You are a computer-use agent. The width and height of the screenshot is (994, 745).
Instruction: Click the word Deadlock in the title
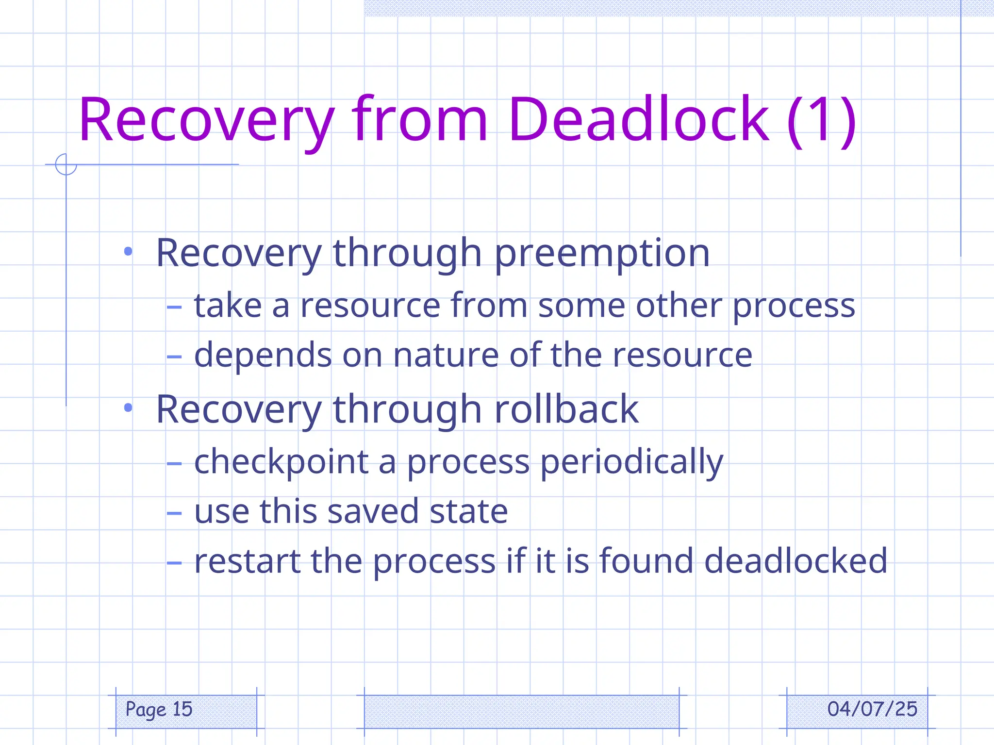click(638, 120)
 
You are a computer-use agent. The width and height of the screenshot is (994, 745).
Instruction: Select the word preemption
click(602, 254)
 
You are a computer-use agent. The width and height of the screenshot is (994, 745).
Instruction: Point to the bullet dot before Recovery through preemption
click(128, 251)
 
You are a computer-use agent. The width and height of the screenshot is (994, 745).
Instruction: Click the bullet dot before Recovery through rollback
click(128, 408)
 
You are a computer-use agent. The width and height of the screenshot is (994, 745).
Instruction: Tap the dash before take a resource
click(174, 307)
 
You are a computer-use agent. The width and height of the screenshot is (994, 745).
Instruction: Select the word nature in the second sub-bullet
click(446, 356)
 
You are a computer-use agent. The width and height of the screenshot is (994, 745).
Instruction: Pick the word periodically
click(631, 462)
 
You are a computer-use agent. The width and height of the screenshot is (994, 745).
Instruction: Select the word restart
click(247, 561)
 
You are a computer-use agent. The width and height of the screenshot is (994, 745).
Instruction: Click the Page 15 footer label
click(159, 710)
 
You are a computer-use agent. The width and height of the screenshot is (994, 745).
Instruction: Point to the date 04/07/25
click(872, 710)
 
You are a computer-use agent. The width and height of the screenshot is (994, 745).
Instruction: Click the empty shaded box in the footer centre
click(521, 712)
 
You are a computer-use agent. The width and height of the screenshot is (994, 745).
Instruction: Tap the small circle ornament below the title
click(66, 164)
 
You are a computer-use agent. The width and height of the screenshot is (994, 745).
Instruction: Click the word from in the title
click(419, 120)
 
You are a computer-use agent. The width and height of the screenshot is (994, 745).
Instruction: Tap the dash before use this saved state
click(174, 513)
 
